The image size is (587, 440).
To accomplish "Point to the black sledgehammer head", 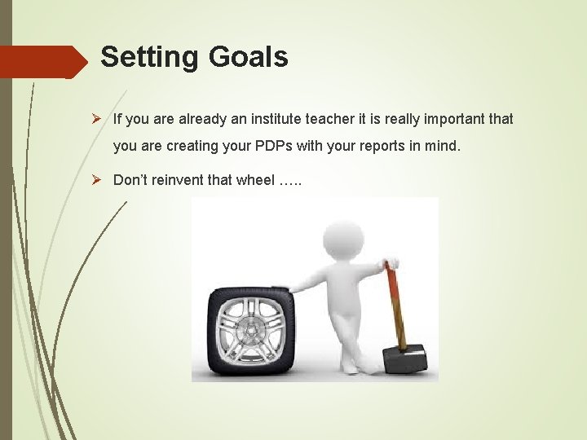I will tap(405, 359).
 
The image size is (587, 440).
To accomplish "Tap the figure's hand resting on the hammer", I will tap(390, 263).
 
